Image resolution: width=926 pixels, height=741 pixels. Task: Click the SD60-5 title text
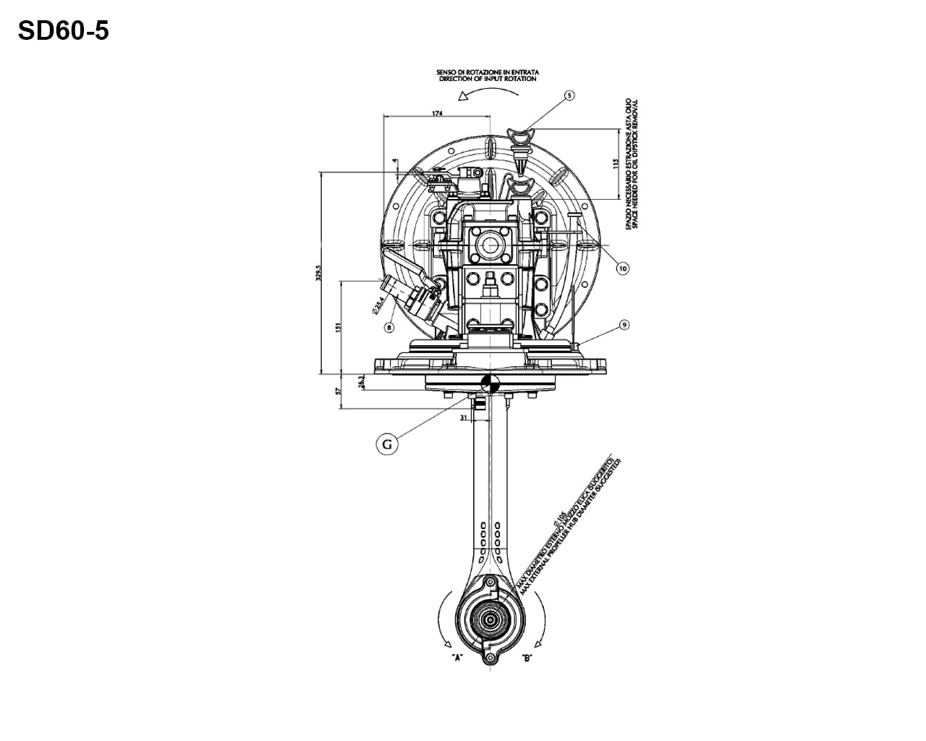coord(63,31)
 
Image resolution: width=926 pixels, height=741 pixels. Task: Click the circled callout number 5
coord(569,95)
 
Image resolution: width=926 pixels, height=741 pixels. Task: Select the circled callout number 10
coord(622,268)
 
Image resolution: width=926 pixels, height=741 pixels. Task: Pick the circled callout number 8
coord(389,327)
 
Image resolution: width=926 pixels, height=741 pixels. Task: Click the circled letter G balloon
coord(387,444)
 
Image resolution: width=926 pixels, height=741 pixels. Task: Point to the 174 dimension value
coord(437,113)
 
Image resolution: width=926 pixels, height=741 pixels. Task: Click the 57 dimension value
coord(339,391)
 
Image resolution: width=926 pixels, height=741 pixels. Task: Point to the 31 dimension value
coord(462,417)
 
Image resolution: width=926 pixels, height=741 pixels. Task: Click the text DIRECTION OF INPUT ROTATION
coord(488,79)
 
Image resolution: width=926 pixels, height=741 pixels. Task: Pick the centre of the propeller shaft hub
coord(490,619)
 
